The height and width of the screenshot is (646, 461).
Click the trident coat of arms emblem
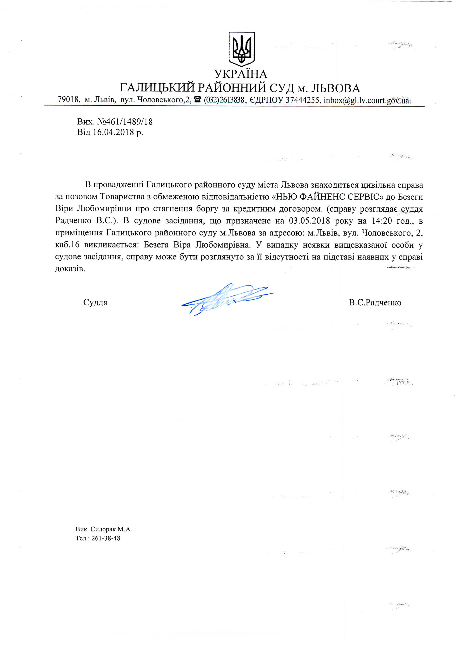coord(242,49)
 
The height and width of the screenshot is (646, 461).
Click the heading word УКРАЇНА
coord(241,74)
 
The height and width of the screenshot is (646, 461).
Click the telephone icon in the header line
coord(197,100)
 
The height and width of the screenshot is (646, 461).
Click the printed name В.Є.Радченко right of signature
coord(375,303)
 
